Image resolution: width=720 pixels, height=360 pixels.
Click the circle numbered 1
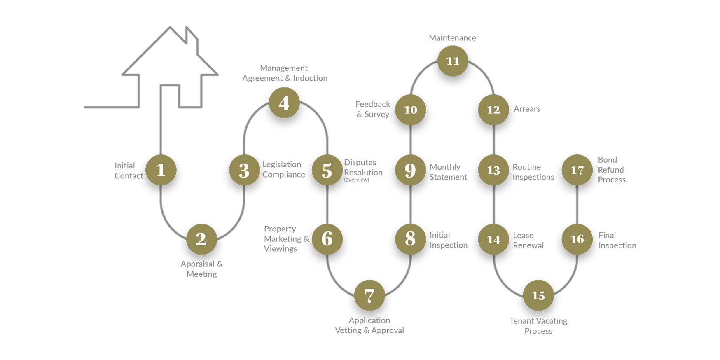click(161, 170)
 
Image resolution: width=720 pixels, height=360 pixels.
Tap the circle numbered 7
click(369, 295)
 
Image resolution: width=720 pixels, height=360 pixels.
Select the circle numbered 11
click(453, 61)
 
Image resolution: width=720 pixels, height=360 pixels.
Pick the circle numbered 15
click(538, 295)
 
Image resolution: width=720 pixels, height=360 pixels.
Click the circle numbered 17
click(577, 170)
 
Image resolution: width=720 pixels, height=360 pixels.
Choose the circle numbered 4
click(284, 103)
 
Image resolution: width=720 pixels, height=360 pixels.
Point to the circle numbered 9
click(410, 170)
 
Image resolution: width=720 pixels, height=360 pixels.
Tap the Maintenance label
click(452, 38)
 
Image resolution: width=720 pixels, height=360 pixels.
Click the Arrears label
click(527, 109)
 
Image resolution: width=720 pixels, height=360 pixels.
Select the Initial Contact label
click(129, 171)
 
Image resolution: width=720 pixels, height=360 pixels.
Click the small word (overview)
click(356, 180)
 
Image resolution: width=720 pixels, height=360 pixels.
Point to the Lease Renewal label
click(528, 240)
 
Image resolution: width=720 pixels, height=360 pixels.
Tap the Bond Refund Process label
click(611, 170)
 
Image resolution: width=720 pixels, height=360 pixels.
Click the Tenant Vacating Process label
click(538, 326)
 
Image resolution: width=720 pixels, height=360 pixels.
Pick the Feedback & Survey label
click(373, 109)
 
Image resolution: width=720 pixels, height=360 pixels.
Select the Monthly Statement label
click(448, 172)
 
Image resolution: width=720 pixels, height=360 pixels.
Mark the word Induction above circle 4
click(310, 78)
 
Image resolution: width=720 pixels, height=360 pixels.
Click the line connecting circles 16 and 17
click(577, 204)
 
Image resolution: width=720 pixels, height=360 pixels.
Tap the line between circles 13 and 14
click(493, 204)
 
